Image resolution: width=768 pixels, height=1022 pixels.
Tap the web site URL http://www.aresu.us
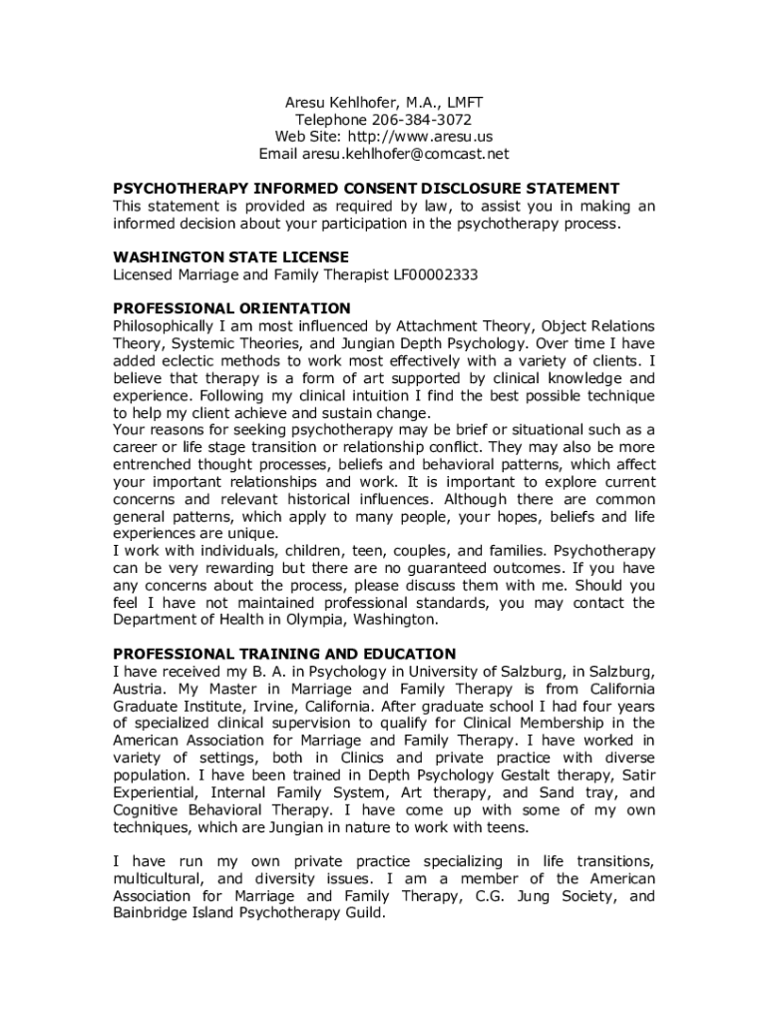point(418,137)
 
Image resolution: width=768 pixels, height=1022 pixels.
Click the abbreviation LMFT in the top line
point(464,102)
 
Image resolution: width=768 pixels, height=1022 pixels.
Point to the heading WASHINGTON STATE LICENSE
point(230,256)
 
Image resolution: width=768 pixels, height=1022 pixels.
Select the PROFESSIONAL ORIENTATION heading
point(231,308)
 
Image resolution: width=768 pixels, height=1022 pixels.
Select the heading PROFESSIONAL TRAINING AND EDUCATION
point(284,654)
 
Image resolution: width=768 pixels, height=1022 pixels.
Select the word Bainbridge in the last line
point(153,913)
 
